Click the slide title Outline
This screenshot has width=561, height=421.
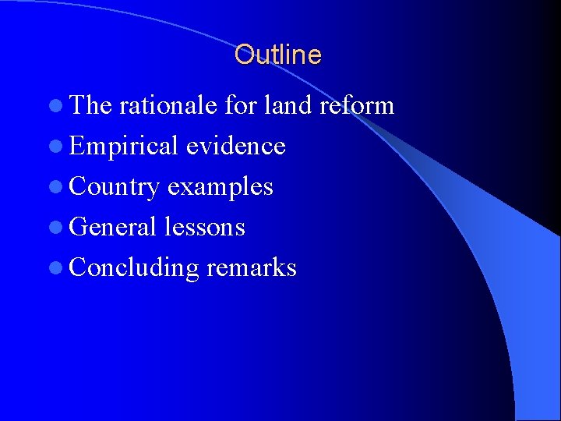[x=277, y=55]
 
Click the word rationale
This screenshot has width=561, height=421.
[x=168, y=105]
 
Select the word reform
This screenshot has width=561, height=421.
[x=356, y=105]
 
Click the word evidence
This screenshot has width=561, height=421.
[x=236, y=146]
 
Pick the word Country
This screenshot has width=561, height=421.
[x=115, y=186]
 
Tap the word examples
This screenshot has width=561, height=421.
[x=221, y=187]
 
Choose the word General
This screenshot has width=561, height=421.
[x=114, y=227]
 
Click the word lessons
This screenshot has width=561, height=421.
[x=205, y=227]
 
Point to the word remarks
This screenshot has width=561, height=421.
[x=252, y=267]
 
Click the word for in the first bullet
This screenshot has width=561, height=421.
[x=239, y=105]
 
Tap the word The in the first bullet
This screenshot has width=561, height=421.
[x=91, y=105]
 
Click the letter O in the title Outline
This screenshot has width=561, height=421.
[x=243, y=55]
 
